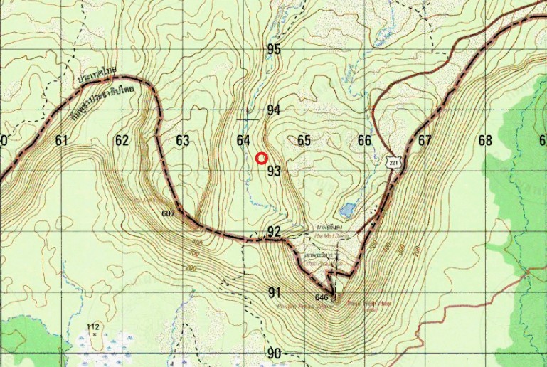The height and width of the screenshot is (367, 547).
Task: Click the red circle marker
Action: point(261,159)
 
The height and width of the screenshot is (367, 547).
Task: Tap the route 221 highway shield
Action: point(393,163)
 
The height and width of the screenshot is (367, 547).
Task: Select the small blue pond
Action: point(348,210)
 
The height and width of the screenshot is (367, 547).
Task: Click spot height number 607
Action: point(168,213)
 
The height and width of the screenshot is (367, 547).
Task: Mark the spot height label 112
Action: point(92,326)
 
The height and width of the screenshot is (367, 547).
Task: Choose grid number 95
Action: point(274,50)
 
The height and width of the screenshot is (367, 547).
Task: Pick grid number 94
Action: point(274,110)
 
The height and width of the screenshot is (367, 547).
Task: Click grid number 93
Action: point(275,171)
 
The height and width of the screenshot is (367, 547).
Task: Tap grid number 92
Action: point(274,232)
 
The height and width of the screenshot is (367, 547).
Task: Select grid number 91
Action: point(275,292)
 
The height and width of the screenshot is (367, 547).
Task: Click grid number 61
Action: point(61,141)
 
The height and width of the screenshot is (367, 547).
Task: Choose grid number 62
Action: point(122,141)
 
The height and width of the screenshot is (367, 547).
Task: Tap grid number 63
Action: point(183,141)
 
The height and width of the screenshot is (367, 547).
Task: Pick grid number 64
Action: point(243,141)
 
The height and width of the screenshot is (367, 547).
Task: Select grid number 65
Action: point(304,141)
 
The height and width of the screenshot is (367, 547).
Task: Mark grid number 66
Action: point(364,141)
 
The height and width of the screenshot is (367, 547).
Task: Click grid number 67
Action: point(425,141)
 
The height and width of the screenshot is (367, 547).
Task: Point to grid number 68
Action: point(485,141)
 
